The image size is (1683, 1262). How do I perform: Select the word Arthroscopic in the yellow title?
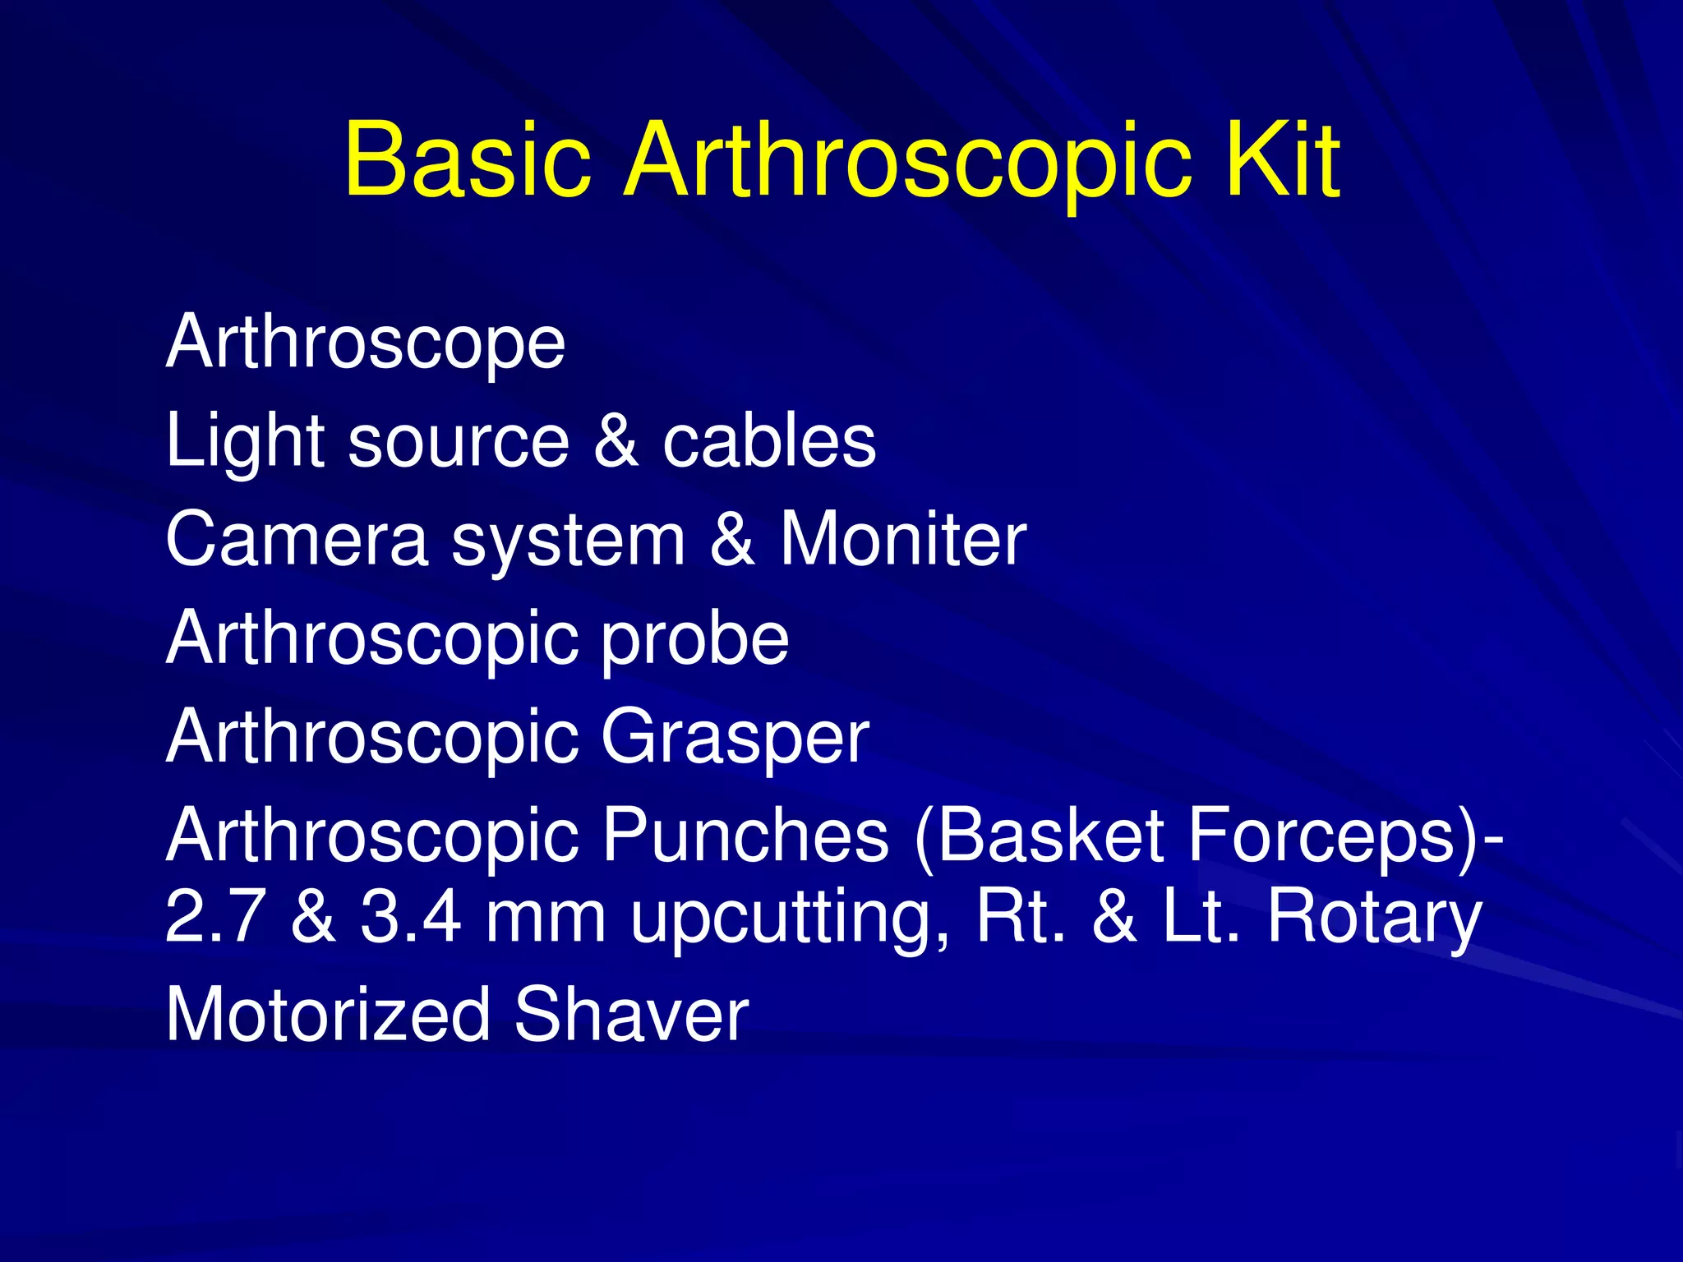click(908, 160)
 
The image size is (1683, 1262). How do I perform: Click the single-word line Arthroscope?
click(366, 343)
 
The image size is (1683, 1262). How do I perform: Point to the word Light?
click(244, 442)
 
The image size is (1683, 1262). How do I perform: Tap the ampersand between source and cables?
click(616, 441)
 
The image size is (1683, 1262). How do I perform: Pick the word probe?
click(695, 640)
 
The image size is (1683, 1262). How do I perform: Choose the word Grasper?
click(735, 738)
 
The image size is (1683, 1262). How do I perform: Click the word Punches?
click(745, 836)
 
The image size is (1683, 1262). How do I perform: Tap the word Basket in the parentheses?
click(1048, 836)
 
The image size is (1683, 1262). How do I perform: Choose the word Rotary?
click(1374, 918)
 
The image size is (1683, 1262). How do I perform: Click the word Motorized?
click(328, 1016)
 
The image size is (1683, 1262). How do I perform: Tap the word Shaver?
click(631, 1016)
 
